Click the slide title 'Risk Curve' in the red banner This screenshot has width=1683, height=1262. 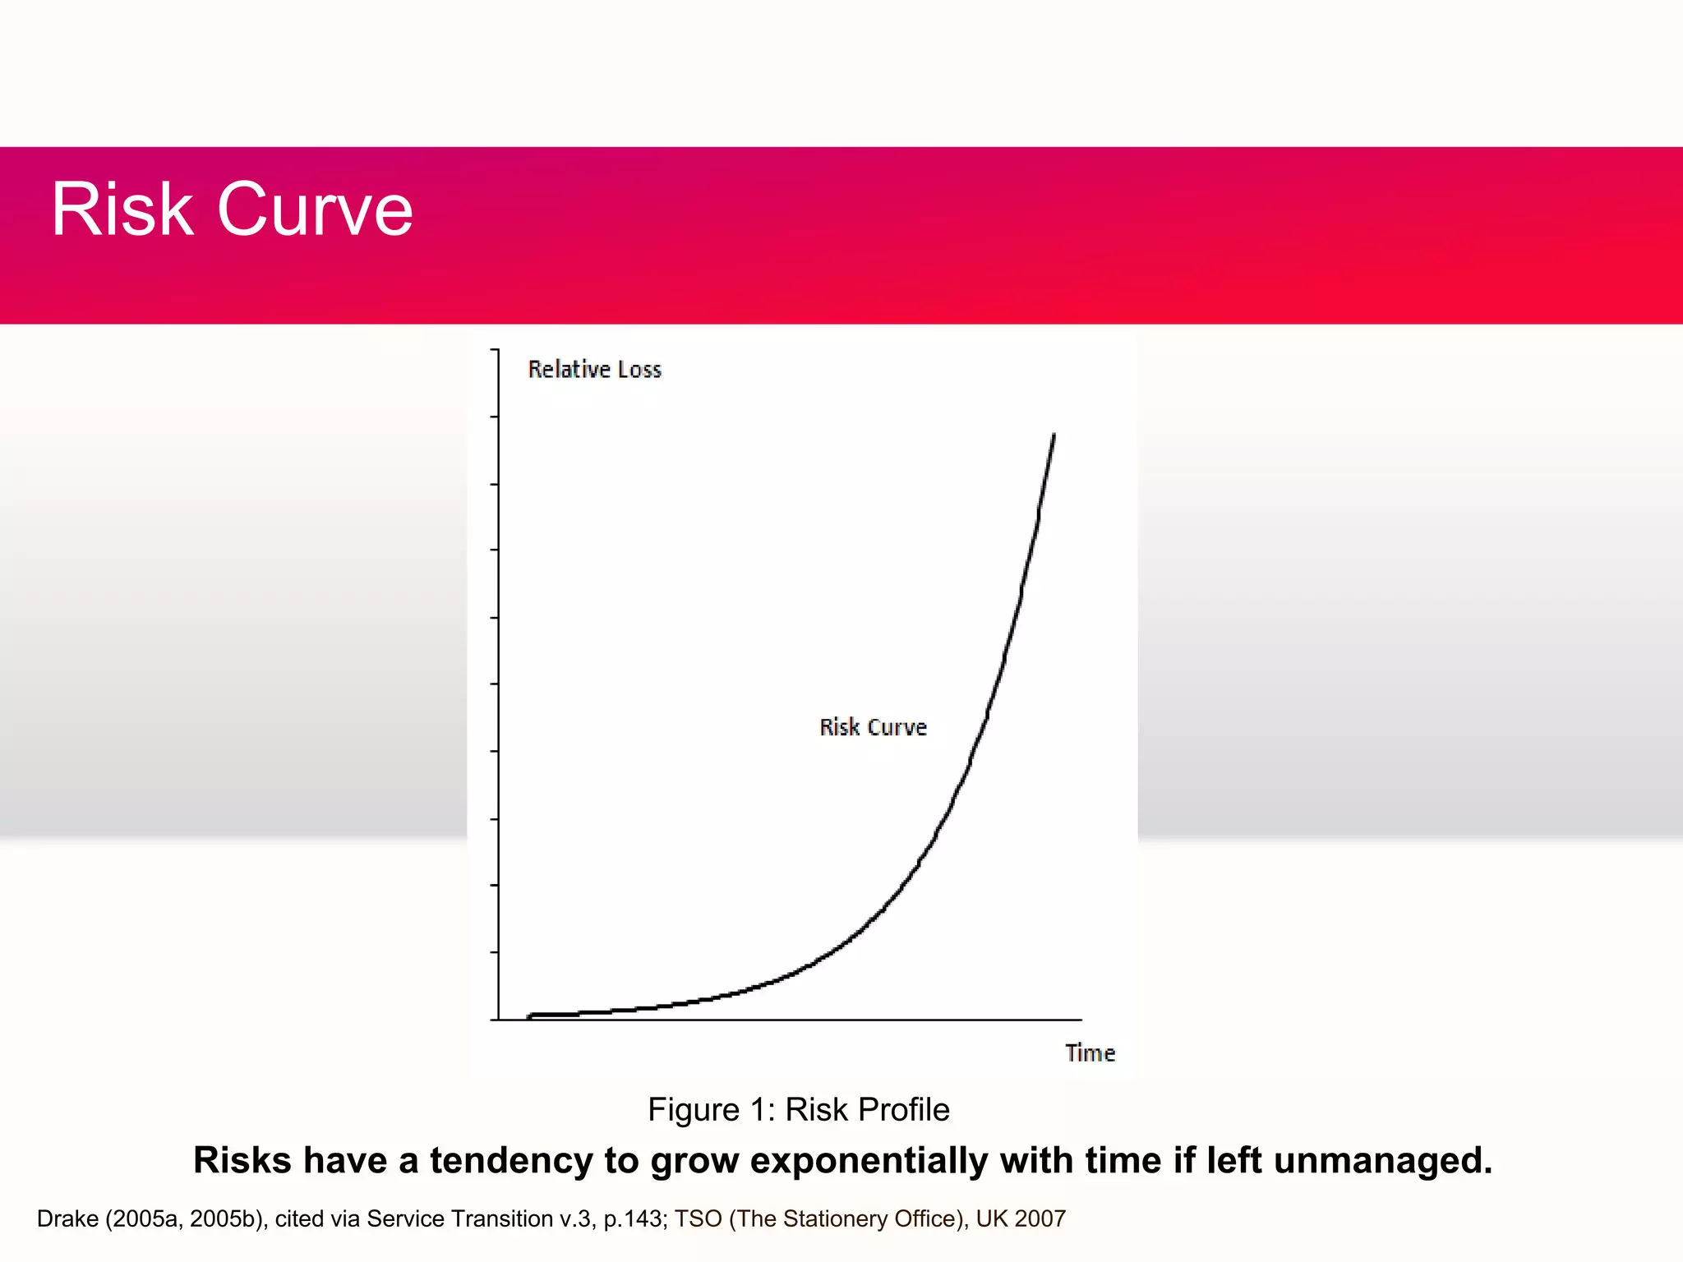click(x=232, y=210)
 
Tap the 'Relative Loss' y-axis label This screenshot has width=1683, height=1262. click(x=594, y=370)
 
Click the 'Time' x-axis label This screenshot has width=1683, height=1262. click(x=1090, y=1052)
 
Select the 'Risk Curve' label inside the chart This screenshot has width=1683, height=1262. click(x=873, y=727)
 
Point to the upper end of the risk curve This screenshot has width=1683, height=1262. click(x=1054, y=435)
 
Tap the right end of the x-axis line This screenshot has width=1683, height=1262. click(x=1080, y=1020)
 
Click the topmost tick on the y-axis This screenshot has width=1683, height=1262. click(x=496, y=350)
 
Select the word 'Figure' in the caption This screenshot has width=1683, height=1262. click(x=693, y=1110)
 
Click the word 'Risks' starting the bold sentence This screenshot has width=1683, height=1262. click(x=242, y=1161)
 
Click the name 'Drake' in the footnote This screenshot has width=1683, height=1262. click(x=67, y=1219)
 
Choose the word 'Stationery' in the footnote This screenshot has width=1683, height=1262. click(x=834, y=1219)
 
